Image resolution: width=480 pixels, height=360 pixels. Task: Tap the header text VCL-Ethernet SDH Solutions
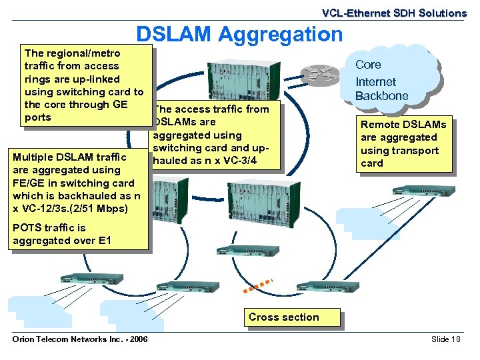click(394, 13)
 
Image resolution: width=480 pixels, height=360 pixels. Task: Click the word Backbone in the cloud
click(382, 96)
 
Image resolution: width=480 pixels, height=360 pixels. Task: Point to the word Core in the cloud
click(368, 65)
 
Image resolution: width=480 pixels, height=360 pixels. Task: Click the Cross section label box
click(284, 317)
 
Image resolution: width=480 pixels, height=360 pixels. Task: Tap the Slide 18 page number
click(446, 339)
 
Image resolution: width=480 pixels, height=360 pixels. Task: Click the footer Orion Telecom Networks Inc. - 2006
click(80, 339)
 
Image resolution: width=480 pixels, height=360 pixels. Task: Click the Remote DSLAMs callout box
click(403, 144)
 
